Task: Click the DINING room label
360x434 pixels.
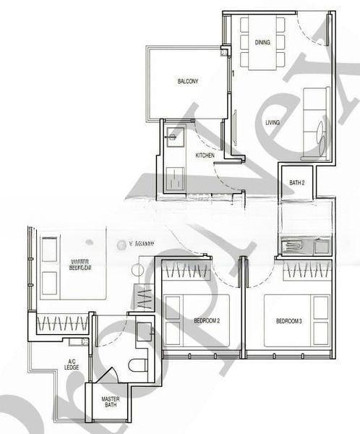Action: [262, 42]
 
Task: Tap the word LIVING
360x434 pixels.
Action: [273, 122]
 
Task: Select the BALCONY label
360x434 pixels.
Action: [188, 81]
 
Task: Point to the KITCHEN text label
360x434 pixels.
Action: [205, 156]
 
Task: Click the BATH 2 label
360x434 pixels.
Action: [297, 183]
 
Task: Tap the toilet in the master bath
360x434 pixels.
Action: [137, 363]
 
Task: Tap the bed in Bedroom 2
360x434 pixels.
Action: [196, 320]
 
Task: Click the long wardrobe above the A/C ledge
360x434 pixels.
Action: [61, 322]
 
